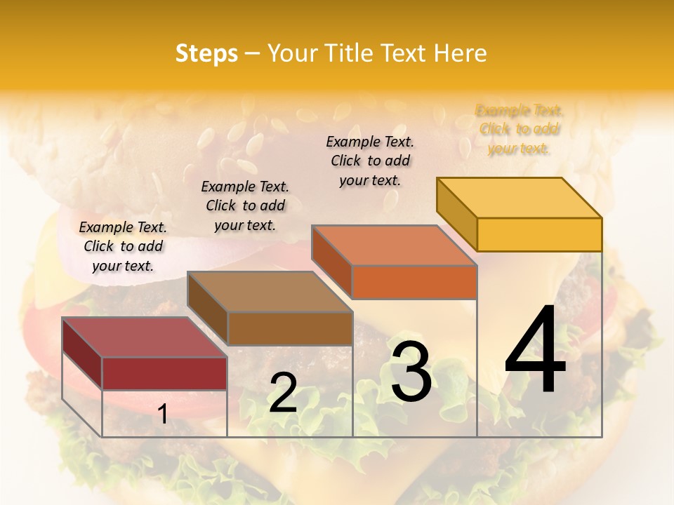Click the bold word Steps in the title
coord(206,53)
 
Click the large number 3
coord(411,372)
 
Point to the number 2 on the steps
coord(283,393)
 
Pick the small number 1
coord(163,415)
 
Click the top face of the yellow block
coord(520,197)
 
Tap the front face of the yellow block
coord(539,234)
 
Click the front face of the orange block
coord(414,282)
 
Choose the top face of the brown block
coord(270,291)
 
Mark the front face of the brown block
coord(290,328)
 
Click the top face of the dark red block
coord(145,337)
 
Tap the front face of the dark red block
coord(164,373)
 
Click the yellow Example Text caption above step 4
coord(520,129)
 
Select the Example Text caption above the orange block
coord(370,161)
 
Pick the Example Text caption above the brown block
coord(245,206)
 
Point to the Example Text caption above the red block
coord(123,246)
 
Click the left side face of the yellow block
coord(456,214)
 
